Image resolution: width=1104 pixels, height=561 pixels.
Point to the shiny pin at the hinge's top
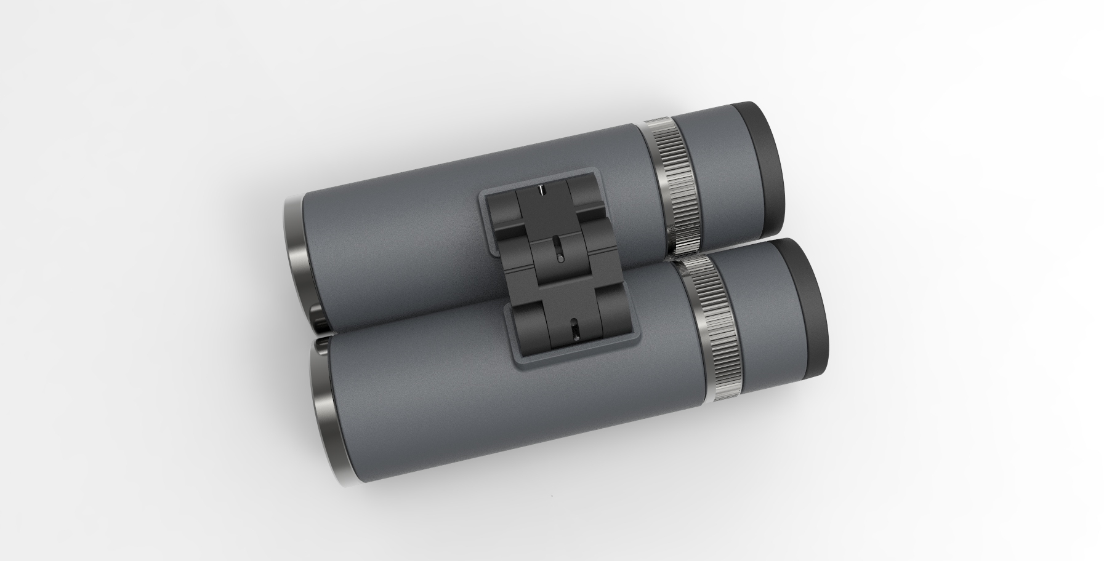541,189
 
